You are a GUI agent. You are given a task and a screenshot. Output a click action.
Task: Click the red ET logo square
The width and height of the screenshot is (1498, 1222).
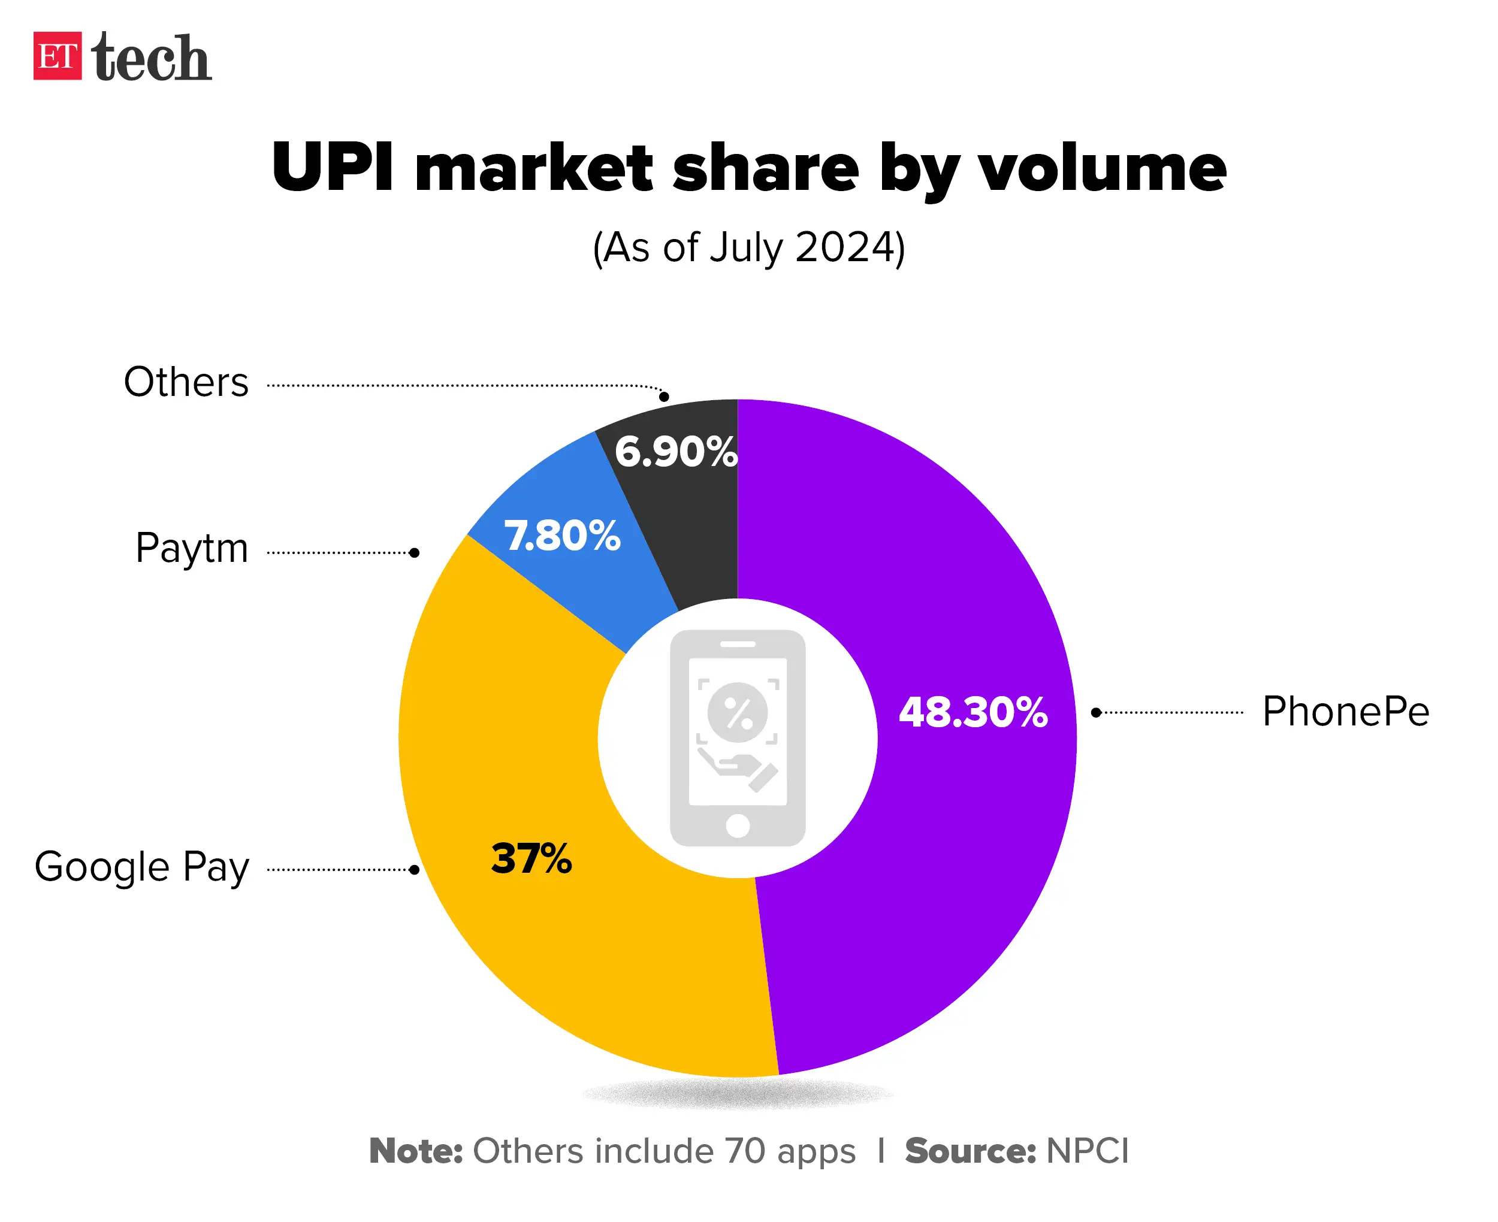(57, 56)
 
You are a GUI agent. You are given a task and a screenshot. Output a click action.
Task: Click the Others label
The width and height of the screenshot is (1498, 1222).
(186, 382)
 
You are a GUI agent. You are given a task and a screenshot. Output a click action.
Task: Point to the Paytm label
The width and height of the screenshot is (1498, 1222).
(192, 548)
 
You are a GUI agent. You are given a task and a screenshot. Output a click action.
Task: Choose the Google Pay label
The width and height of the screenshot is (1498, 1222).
(141, 867)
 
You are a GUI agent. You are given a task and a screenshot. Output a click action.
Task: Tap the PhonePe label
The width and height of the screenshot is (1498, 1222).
(1345, 711)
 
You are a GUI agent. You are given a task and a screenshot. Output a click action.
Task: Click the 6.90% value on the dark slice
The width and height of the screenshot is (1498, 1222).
(675, 452)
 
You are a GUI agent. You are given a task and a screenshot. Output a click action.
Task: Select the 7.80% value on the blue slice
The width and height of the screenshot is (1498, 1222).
(562, 536)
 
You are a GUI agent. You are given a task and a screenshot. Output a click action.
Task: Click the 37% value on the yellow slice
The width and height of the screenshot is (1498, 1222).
(531, 859)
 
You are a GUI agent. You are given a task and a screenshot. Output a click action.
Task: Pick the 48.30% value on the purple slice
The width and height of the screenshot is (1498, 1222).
(973, 712)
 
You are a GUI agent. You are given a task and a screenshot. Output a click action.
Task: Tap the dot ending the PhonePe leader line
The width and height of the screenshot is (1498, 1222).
(1096, 713)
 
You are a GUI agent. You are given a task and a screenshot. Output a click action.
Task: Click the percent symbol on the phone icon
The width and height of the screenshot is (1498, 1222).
(738, 713)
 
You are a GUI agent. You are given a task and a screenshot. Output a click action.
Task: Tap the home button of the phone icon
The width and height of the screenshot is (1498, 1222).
(737, 825)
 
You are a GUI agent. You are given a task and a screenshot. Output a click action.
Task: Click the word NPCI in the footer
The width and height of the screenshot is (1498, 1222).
(1088, 1151)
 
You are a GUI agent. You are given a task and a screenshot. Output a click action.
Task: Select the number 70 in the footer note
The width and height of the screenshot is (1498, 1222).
(745, 1151)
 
